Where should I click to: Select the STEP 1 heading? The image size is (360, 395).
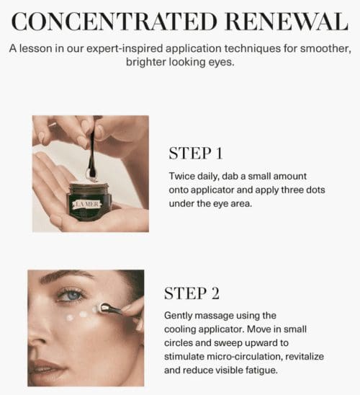coord(195,154)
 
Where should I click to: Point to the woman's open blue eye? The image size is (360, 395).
coord(70,295)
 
